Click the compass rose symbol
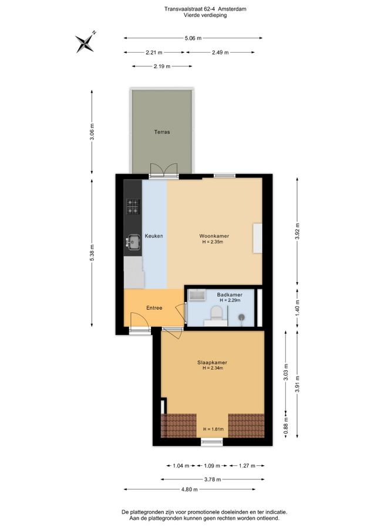[86, 42]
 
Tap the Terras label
[162, 132]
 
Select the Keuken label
[154, 236]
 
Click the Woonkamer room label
[214, 236]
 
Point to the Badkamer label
[230, 295]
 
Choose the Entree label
[154, 308]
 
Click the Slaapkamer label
[213, 363]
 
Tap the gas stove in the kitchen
[133, 207]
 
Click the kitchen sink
[133, 242]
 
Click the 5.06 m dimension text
[193, 38]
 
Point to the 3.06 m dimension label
[92, 132]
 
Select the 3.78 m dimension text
[213, 479]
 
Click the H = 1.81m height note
[213, 429]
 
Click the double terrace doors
[164, 170]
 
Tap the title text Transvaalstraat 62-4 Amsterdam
[205, 9]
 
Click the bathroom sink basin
[197, 295]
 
